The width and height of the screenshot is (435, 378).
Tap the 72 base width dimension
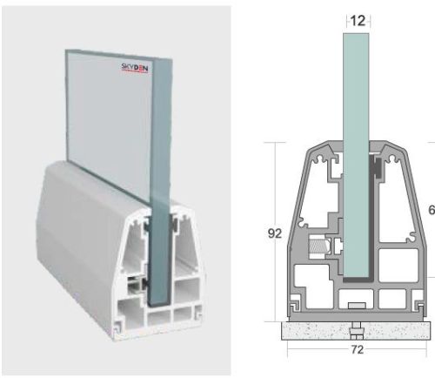click(358, 350)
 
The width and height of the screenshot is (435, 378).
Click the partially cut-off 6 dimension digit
click(431, 210)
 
